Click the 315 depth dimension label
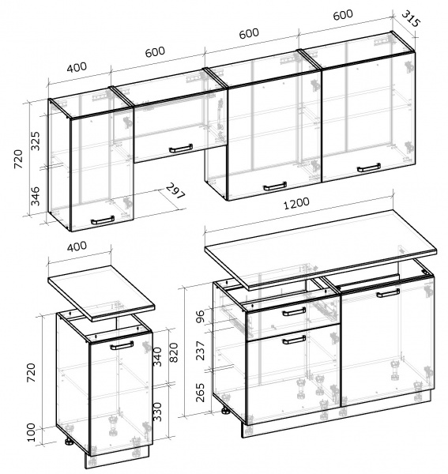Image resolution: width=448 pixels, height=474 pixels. tap(411, 19)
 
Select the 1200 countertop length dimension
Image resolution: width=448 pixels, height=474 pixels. tap(296, 204)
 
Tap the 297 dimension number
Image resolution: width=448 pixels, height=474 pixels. tap(175, 191)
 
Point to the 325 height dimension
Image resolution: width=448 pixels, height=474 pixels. tap(36, 141)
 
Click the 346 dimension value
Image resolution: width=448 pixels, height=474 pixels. tap(36, 196)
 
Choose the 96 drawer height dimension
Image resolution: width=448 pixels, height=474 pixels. tap(200, 315)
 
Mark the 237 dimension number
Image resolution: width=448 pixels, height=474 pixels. tap(200, 350)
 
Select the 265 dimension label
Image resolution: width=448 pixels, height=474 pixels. tap(200, 393)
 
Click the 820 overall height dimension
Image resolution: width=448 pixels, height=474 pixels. tap(174, 352)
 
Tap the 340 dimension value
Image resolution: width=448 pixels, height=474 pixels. tap(157, 357)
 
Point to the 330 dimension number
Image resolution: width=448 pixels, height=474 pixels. tap(157, 412)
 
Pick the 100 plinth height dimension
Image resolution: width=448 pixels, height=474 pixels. tap(31, 432)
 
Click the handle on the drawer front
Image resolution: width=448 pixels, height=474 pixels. tap(294, 312)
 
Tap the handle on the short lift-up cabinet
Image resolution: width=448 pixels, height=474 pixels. tap(181, 149)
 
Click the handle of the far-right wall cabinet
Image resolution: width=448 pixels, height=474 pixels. tap(369, 167)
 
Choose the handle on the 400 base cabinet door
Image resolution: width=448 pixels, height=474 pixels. tap(122, 345)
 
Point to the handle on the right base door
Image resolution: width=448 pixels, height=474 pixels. tap(388, 292)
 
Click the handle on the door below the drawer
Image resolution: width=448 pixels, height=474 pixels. tap(294, 340)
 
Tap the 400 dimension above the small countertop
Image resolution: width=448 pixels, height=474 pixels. tap(77, 246)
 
